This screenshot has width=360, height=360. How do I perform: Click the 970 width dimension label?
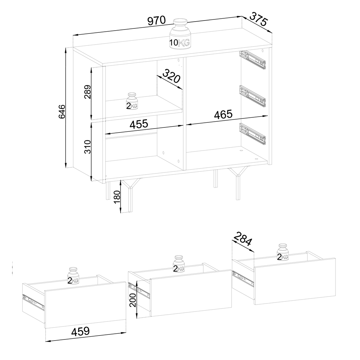(x=156, y=21)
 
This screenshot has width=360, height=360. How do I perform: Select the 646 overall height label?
(x=62, y=112)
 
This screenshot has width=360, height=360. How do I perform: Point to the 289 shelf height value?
(x=87, y=91)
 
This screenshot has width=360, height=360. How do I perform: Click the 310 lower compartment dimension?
(x=87, y=147)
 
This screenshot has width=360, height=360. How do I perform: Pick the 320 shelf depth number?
(x=171, y=76)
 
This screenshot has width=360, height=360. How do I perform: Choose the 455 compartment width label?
(x=139, y=124)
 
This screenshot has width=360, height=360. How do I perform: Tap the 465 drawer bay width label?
(x=223, y=114)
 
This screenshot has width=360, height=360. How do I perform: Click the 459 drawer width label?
(x=80, y=331)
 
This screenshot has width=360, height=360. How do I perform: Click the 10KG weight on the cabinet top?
(x=180, y=34)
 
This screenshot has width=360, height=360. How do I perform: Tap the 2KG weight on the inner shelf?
(x=132, y=101)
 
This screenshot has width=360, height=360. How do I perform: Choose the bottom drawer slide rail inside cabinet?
(x=252, y=134)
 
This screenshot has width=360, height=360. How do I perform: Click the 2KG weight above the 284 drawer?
(x=283, y=252)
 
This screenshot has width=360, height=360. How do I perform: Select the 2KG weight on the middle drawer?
(x=179, y=264)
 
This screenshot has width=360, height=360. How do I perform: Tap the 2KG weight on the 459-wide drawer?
(x=73, y=276)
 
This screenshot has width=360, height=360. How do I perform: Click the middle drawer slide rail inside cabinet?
(x=252, y=96)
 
